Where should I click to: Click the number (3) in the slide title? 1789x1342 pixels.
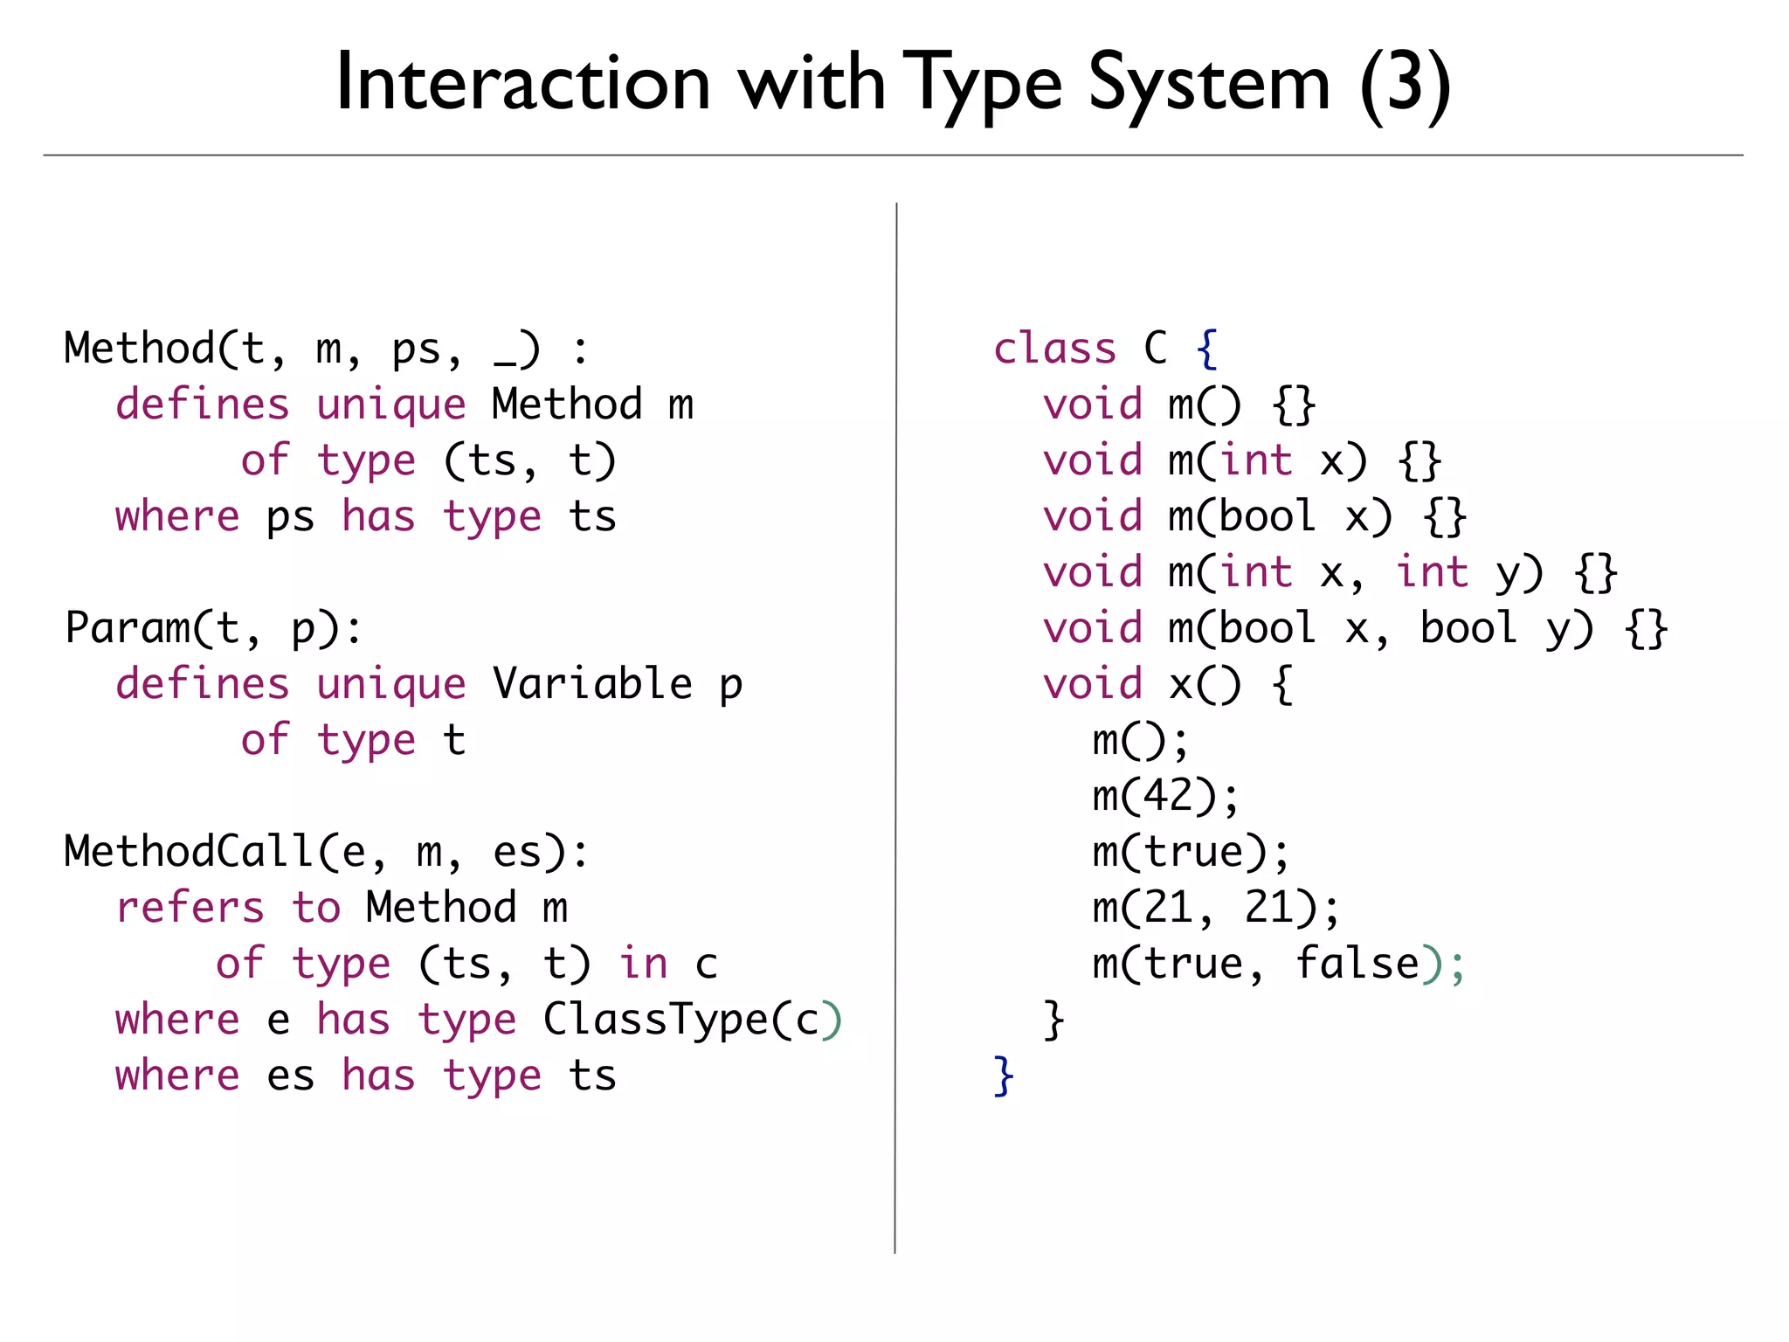(x=1405, y=83)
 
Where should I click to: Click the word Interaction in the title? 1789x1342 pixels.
(x=522, y=83)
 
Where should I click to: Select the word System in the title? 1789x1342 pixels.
(x=1209, y=83)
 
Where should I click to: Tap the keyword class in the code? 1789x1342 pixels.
(x=1054, y=349)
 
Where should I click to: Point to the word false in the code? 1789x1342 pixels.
(x=1357, y=964)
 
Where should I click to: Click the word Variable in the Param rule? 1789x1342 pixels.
(x=592, y=684)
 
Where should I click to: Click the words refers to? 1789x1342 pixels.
(x=228, y=908)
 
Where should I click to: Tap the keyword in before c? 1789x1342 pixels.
(x=644, y=964)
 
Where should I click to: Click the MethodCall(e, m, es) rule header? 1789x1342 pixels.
(x=326, y=852)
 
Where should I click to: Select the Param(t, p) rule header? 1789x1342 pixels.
(x=213, y=628)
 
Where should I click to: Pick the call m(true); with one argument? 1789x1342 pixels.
(x=1191, y=852)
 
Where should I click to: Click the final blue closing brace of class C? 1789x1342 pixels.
(x=1004, y=1076)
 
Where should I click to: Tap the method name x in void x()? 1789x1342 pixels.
(x=1181, y=684)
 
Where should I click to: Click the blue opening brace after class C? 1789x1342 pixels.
(x=1207, y=349)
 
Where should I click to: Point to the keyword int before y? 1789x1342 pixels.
(x=1432, y=572)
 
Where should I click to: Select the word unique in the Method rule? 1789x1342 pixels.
(x=391, y=405)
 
